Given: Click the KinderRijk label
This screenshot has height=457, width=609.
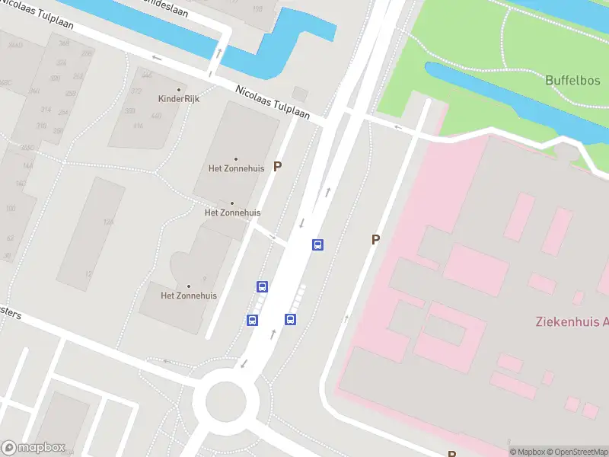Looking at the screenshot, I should [x=178, y=99].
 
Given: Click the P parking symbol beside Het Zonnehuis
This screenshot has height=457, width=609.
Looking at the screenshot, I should [x=278, y=166].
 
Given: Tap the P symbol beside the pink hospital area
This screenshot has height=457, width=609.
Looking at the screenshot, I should [x=375, y=240].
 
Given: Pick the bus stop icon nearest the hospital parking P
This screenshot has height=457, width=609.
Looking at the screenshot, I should [x=317, y=244].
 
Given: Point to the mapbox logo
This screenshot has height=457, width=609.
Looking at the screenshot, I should [x=33, y=448].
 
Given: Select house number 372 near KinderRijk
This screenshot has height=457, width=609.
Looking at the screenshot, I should [x=136, y=91].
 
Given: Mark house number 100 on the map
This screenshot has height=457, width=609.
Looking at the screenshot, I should [x=10, y=208].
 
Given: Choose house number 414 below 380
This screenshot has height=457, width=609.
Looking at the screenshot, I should [x=139, y=125].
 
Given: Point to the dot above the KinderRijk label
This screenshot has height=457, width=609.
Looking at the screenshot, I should [x=179, y=90].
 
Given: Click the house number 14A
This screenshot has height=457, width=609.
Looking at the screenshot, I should [x=28, y=165].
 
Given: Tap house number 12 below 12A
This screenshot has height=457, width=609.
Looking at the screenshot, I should [x=88, y=273].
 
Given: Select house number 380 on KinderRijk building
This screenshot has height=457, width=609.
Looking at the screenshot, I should [x=130, y=111].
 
